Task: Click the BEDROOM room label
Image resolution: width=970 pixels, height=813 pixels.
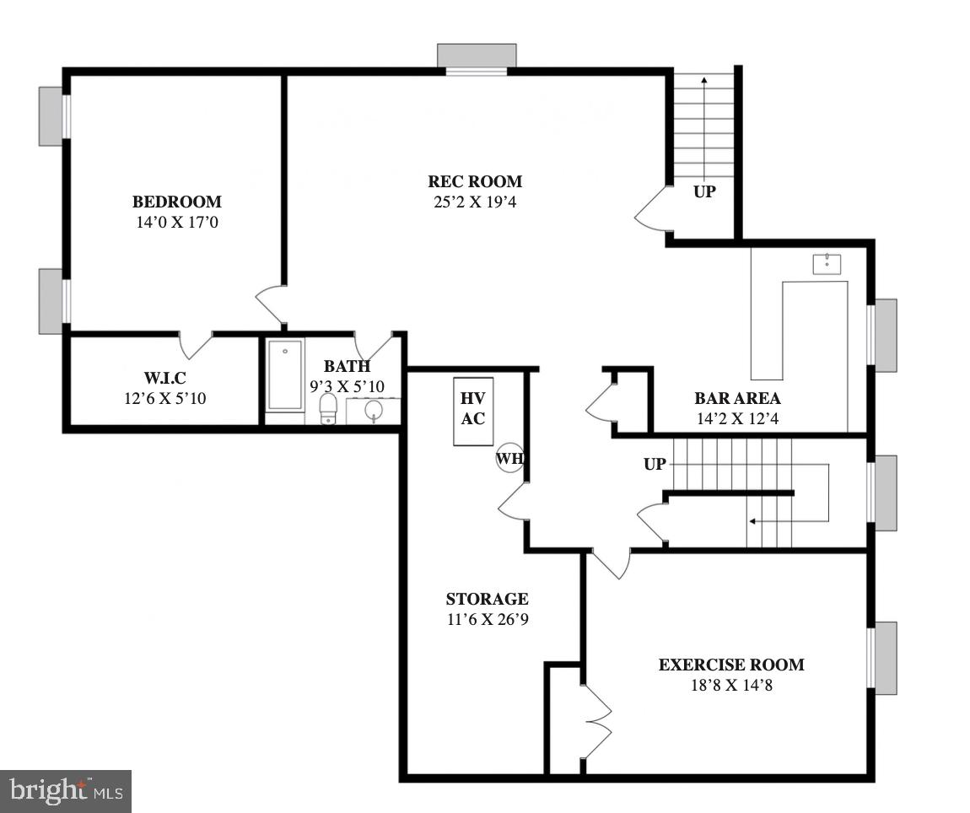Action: coord(176,202)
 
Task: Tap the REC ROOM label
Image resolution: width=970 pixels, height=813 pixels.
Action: coord(474,181)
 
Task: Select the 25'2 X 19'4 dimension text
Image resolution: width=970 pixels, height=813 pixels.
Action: coord(474,202)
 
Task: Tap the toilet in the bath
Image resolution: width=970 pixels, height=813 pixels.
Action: coord(328,410)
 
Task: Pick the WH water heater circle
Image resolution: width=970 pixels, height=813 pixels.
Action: coord(509,458)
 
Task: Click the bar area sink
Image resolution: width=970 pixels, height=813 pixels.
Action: coord(827,263)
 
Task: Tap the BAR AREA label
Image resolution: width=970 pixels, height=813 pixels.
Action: coord(737,398)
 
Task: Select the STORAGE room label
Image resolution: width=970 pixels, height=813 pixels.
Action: coord(487,599)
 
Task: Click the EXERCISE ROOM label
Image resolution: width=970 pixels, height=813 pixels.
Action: coord(730,665)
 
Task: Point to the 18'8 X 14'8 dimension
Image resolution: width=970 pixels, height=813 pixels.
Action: coord(730,685)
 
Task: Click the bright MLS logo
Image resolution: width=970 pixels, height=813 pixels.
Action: coord(66,791)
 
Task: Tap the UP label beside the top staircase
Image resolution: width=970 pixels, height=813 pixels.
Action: coord(704,191)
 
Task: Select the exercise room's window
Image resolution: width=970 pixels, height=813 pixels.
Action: coord(884,658)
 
